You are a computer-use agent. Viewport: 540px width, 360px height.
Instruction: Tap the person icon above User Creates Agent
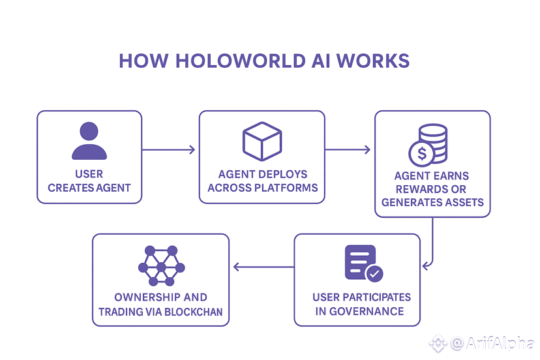[x=89, y=141]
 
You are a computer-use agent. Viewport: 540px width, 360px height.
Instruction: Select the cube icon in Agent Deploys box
[x=262, y=140]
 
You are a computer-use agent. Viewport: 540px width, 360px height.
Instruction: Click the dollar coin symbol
[x=421, y=155]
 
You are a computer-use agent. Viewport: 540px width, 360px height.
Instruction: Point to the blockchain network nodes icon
[x=161, y=265]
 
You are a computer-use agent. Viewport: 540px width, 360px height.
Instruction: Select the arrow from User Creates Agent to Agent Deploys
[x=168, y=150]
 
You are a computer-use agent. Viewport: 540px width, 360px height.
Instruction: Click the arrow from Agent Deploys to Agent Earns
[x=348, y=150]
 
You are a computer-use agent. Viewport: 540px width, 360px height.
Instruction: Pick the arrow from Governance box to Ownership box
[x=263, y=266]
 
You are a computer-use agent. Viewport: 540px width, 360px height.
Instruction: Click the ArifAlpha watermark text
[x=492, y=342]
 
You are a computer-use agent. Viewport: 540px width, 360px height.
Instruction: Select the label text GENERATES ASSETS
[x=432, y=202]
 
